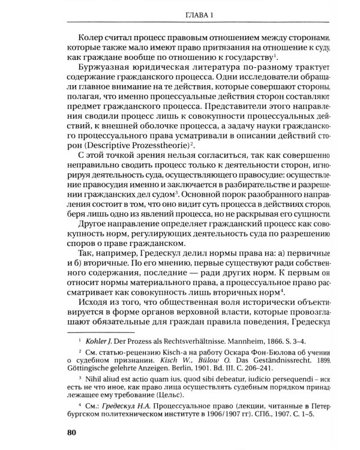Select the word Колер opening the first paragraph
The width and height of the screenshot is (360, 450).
pos(88,37)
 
